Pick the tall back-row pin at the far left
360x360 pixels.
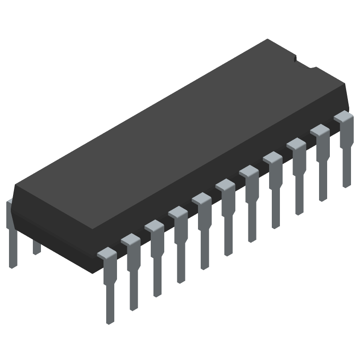(x=12, y=234)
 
